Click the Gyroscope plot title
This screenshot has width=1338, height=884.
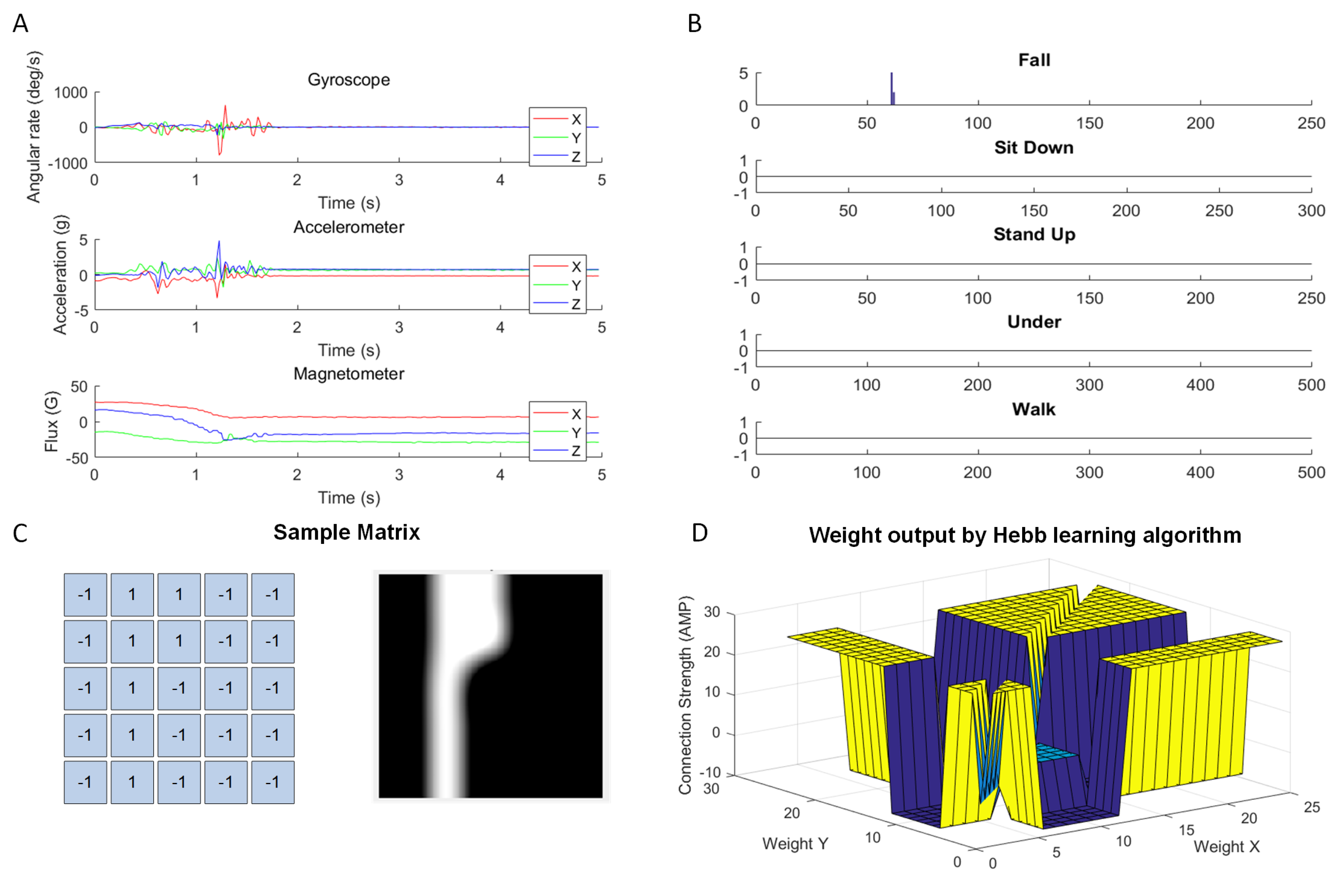[348, 80]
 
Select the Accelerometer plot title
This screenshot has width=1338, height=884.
[348, 227]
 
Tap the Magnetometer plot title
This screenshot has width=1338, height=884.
[348, 374]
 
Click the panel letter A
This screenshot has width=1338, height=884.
[20, 24]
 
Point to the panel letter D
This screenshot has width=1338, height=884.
[699, 533]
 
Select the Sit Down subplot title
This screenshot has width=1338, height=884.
[1033, 148]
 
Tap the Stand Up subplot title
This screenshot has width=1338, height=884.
[1034, 234]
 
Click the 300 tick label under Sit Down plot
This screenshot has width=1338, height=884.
[1311, 211]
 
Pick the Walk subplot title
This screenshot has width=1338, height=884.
[1033, 409]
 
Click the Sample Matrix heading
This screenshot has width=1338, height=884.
[347, 533]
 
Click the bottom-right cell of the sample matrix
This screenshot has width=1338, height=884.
[273, 782]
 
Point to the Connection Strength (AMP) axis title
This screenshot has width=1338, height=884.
[685, 696]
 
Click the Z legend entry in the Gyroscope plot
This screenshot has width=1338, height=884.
[576, 157]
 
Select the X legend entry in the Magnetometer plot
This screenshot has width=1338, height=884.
[576, 414]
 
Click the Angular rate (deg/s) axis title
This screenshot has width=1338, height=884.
[34, 127]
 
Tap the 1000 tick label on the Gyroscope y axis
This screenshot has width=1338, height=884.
[70, 93]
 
